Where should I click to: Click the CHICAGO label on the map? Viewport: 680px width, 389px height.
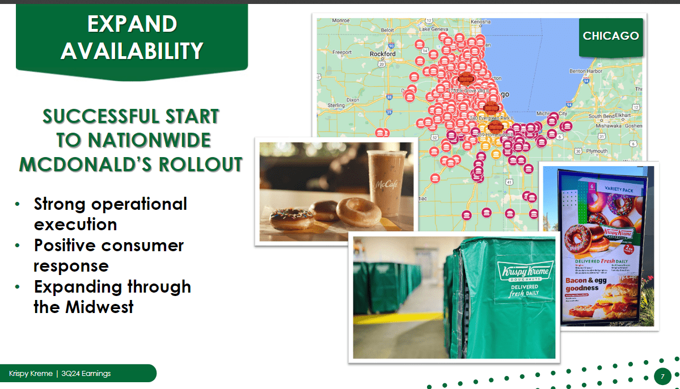click(x=611, y=36)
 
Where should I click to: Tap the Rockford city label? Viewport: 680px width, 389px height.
click(x=382, y=54)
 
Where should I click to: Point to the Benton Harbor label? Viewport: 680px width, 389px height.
click(x=585, y=71)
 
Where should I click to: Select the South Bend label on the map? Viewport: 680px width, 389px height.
click(x=601, y=116)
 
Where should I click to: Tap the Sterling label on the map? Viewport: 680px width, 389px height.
click(x=336, y=105)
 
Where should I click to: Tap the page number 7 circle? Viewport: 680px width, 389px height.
click(x=662, y=376)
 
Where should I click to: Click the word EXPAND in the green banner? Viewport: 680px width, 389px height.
click(x=132, y=24)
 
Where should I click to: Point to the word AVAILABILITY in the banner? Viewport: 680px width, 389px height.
click(x=132, y=51)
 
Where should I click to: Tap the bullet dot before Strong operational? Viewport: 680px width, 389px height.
click(x=19, y=204)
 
